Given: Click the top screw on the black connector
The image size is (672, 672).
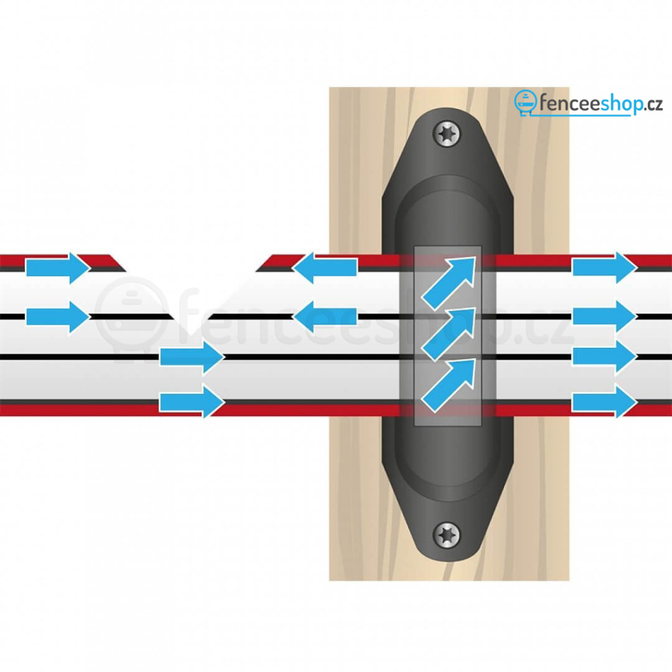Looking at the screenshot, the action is [448, 134].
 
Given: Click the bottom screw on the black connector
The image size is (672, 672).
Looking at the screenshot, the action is [448, 535].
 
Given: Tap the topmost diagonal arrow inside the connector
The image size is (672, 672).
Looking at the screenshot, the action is [449, 283].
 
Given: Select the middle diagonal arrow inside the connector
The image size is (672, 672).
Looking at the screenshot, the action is [449, 334].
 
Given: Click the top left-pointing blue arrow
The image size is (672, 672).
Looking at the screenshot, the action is [325, 268].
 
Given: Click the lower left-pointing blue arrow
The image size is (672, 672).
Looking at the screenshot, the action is [325, 316].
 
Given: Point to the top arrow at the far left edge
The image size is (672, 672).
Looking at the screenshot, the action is [58, 268].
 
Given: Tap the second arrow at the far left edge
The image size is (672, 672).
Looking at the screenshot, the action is [58, 317].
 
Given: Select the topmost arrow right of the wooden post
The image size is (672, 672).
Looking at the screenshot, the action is [604, 268].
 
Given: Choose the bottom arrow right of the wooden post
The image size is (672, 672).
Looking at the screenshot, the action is [604, 402].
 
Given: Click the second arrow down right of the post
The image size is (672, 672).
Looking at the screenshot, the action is [604, 316].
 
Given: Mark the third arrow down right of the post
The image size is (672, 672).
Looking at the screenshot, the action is [604, 356].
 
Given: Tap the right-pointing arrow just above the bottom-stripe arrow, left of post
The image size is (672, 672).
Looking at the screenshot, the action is [192, 357].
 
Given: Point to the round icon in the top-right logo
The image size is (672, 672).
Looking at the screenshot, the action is [526, 102].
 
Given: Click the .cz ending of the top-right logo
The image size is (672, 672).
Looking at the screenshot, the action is [653, 105].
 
